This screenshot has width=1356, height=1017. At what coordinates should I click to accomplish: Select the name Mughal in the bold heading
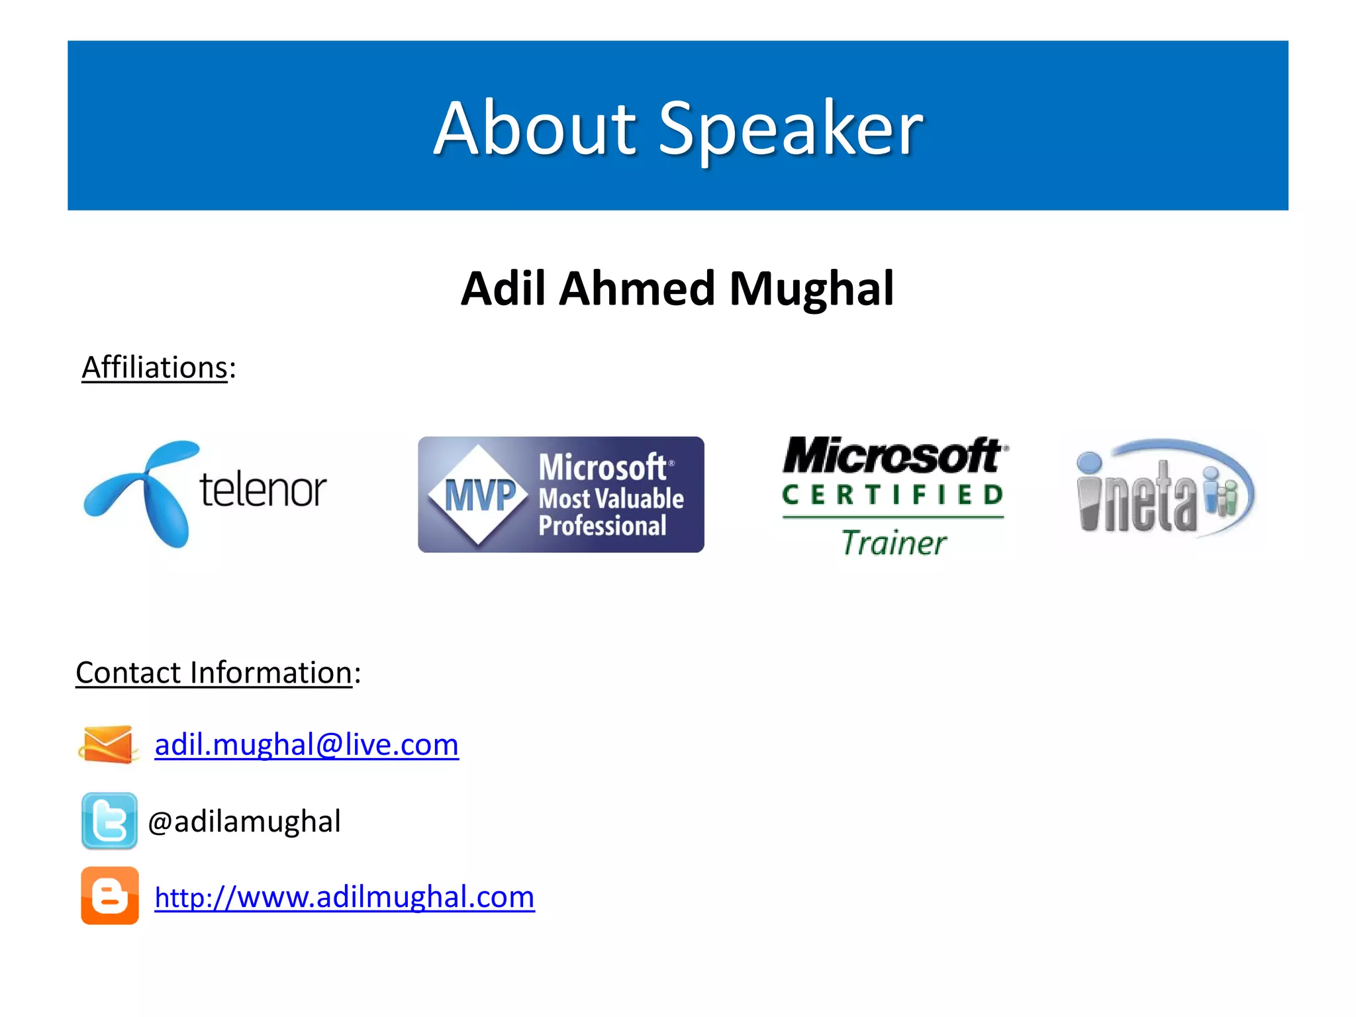tap(812, 289)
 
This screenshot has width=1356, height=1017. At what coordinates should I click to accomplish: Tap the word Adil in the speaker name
tap(503, 289)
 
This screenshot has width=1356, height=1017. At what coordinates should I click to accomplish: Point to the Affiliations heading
tap(155, 367)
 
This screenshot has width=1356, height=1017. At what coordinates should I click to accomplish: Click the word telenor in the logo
tap(263, 490)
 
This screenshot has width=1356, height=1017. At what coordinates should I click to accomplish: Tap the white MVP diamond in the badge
tap(478, 495)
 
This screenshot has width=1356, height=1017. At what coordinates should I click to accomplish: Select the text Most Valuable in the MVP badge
tap(610, 498)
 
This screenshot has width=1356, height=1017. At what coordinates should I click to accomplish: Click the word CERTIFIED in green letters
tap(893, 495)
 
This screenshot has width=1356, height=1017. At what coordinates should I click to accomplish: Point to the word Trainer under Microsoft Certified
tap(894, 543)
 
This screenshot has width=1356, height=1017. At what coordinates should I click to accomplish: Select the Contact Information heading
tap(214, 673)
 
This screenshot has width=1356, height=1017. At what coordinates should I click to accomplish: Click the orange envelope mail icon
tap(108, 745)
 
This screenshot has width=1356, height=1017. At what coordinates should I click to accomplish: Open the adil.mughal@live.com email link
tap(307, 745)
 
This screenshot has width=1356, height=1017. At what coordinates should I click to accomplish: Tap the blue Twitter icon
tap(109, 820)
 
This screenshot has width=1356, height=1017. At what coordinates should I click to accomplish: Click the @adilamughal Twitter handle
tap(244, 822)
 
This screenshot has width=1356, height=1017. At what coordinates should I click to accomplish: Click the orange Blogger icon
tap(110, 896)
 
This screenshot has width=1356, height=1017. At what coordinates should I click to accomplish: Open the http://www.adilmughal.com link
tap(344, 897)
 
